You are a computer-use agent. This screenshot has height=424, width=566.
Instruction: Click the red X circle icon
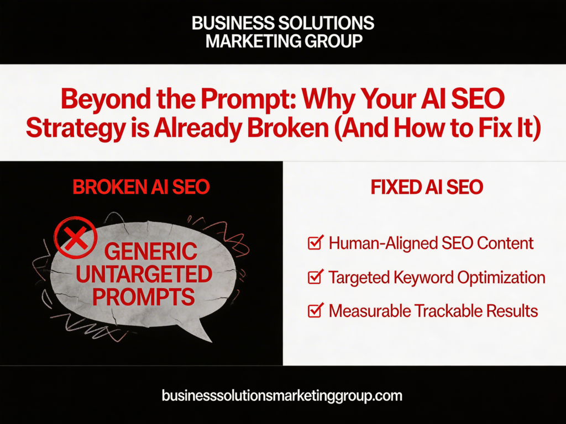click(75, 237)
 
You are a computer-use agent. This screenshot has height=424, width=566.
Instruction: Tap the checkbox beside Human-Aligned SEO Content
click(316, 242)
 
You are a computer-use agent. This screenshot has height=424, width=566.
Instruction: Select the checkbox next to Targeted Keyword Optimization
click(316, 277)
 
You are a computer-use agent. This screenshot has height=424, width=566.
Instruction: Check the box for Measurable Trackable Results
click(316, 310)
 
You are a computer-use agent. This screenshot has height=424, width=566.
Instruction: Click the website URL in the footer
click(282, 395)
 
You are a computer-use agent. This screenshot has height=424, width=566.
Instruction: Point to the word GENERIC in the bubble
click(151, 251)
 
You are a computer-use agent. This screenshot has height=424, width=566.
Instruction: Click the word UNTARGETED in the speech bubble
click(144, 274)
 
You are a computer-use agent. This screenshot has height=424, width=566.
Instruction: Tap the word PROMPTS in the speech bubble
click(144, 296)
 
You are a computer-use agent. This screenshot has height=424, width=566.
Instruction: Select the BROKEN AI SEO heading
click(141, 187)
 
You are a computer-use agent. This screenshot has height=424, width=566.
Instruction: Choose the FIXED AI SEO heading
click(427, 187)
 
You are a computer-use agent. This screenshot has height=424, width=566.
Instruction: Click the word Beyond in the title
click(106, 99)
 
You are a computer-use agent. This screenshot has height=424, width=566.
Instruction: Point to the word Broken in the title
click(289, 128)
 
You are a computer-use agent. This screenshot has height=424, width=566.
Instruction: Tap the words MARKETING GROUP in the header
click(284, 41)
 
